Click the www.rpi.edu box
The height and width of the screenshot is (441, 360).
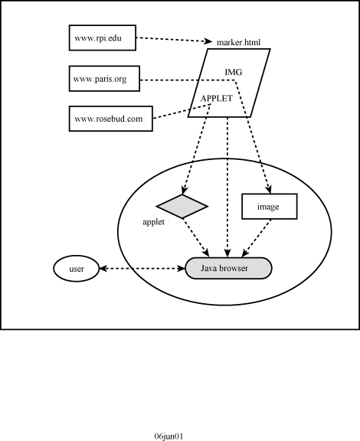tap(103, 38)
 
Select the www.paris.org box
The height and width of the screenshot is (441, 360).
tap(104, 78)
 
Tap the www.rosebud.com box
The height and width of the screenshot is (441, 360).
tap(111, 119)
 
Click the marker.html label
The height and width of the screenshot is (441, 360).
tap(238, 42)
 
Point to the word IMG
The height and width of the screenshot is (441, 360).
tap(234, 72)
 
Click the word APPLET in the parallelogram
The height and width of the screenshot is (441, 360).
tap(217, 98)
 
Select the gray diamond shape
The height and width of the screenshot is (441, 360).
tap(182, 206)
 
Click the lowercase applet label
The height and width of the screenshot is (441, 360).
tap(153, 222)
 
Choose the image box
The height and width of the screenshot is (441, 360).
tap(270, 206)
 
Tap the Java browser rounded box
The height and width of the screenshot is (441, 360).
tap(228, 268)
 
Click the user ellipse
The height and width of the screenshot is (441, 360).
tap(77, 269)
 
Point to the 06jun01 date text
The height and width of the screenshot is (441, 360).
tap(169, 436)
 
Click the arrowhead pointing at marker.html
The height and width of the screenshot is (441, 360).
tap(208, 41)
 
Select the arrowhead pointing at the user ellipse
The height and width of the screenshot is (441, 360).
tap(103, 269)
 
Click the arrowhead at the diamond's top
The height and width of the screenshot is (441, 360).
tap(184, 190)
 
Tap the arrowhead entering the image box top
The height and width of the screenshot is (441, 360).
tap(269, 189)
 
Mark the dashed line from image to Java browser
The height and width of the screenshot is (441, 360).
tap(256, 238)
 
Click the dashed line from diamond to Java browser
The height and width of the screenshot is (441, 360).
tap(196, 238)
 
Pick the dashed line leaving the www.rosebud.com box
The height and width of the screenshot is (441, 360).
tap(182, 111)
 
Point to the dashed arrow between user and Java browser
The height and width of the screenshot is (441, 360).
tap(142, 269)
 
